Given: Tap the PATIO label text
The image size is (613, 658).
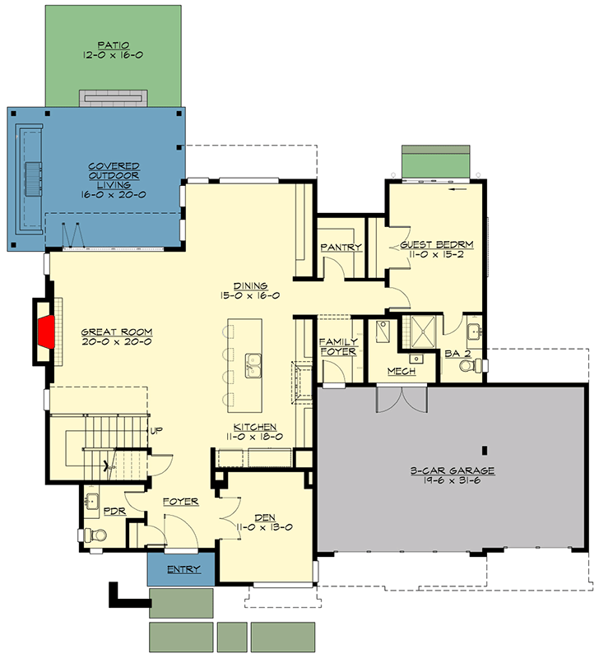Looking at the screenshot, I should point(114,47).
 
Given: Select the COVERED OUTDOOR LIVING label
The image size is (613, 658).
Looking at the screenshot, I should point(114,174).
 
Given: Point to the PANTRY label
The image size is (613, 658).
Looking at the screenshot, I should point(336,247).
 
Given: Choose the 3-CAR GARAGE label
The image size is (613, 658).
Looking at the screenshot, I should point(451,471).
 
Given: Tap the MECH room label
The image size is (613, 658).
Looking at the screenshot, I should point(402,372).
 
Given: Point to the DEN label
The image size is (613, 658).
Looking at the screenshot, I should point(264,517).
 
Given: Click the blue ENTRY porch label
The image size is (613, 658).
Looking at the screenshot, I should point(183,569).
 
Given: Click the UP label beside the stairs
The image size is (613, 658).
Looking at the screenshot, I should point(153,430).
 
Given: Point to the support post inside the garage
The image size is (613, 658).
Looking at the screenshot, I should point(485,449).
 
